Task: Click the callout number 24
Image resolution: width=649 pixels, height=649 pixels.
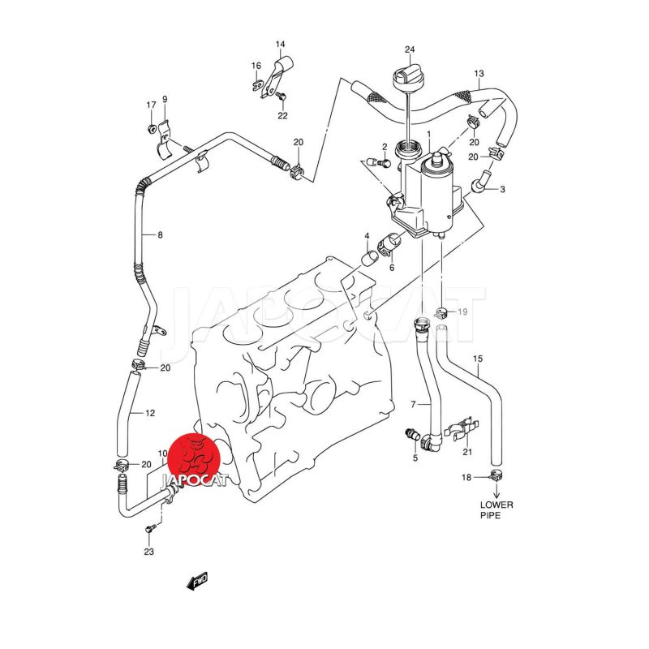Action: [410, 49]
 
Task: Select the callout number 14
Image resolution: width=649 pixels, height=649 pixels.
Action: [280, 45]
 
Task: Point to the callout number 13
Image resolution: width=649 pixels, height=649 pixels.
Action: [479, 74]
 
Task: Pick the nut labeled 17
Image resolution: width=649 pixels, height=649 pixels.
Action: [152, 128]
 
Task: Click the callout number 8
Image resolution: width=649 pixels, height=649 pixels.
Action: [160, 235]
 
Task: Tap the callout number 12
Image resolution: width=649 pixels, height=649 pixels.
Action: [150, 413]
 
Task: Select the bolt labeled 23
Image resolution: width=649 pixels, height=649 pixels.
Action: [150, 529]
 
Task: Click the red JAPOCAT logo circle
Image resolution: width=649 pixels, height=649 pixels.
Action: [196, 459]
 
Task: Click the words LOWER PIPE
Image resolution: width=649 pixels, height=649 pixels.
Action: [496, 510]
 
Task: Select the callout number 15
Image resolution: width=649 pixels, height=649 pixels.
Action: [478, 359]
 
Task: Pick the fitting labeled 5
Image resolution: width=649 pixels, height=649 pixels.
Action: [412, 435]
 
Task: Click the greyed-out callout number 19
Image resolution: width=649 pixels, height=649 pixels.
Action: [462, 312]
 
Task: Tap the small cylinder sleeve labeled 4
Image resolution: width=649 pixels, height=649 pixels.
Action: [370, 258]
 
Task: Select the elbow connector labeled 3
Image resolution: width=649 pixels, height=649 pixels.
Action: [480, 180]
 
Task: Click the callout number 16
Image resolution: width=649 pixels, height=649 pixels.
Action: [256, 66]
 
